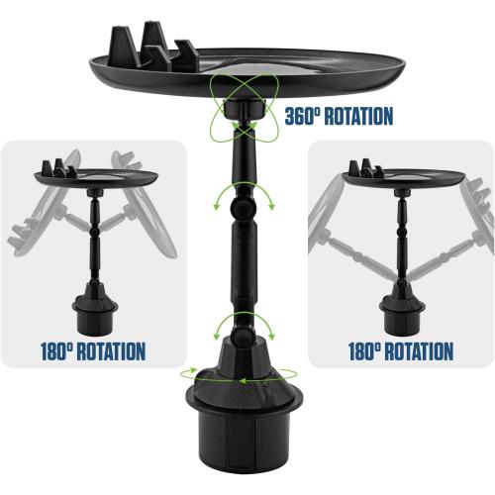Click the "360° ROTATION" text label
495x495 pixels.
[338, 116]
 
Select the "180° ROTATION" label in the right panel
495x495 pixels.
[402, 351]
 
